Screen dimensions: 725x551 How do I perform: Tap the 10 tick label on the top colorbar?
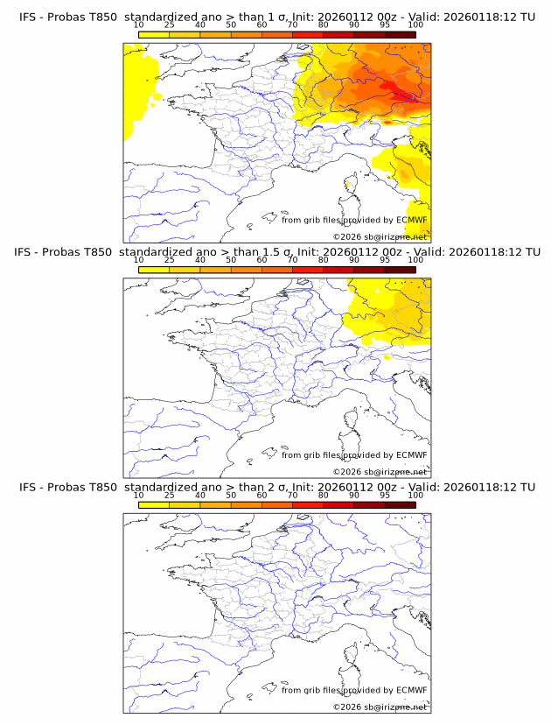(x=138, y=25)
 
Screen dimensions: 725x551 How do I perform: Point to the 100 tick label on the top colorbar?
(x=415, y=25)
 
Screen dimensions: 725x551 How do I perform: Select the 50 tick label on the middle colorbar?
(x=231, y=260)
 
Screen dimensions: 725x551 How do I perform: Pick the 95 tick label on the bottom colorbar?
(x=385, y=496)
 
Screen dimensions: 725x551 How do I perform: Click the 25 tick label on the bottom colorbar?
(x=169, y=496)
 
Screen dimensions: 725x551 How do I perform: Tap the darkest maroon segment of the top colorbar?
(x=400, y=34)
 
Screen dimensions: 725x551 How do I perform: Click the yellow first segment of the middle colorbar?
(x=153, y=270)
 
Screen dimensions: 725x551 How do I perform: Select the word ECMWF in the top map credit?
(x=411, y=220)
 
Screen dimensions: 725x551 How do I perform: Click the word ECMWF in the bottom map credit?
(x=411, y=690)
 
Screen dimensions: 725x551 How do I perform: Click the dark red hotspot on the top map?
(x=404, y=96)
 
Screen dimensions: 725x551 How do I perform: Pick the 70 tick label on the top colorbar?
(x=292, y=25)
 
